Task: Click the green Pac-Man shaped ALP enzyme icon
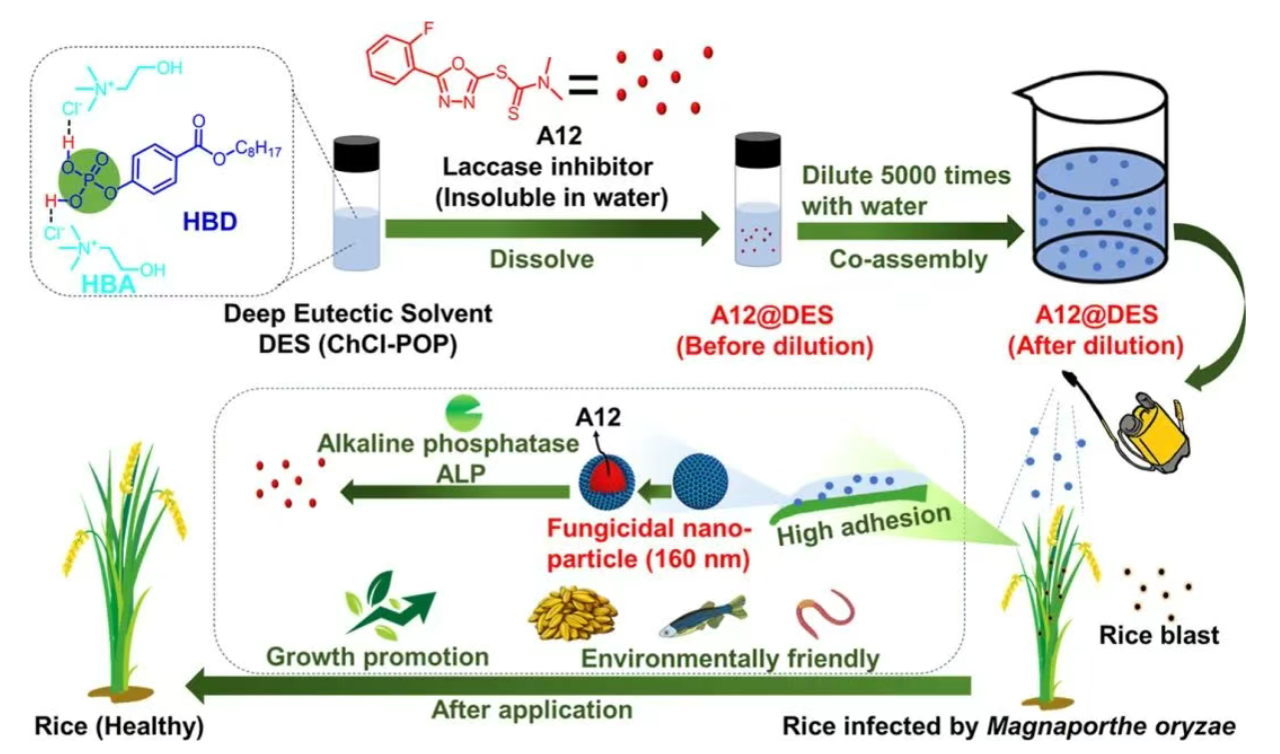(x=465, y=412)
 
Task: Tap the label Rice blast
(x=1158, y=636)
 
